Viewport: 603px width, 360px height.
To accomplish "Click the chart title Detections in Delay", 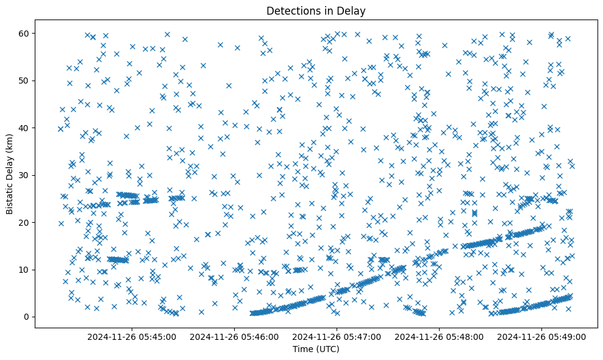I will [x=316, y=11].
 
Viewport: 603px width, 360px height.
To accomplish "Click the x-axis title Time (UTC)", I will [x=316, y=349].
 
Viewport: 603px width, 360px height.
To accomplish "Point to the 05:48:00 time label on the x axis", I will [x=440, y=336].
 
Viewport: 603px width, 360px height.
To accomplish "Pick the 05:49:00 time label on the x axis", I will [x=543, y=336].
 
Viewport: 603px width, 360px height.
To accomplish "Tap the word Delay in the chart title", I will [x=353, y=11].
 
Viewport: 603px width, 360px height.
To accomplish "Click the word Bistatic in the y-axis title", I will [x=10, y=195].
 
